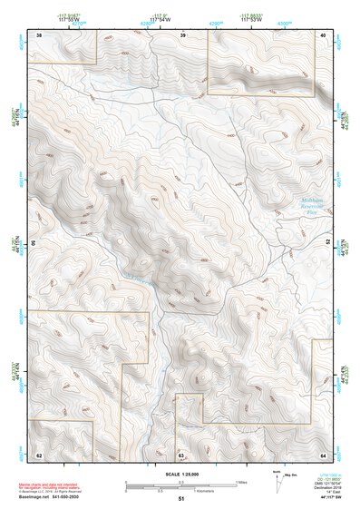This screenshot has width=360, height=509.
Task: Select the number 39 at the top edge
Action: click(x=182, y=34)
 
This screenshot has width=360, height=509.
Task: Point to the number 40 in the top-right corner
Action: click(x=323, y=34)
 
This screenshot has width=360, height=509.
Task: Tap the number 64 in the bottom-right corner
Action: click(x=323, y=454)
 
